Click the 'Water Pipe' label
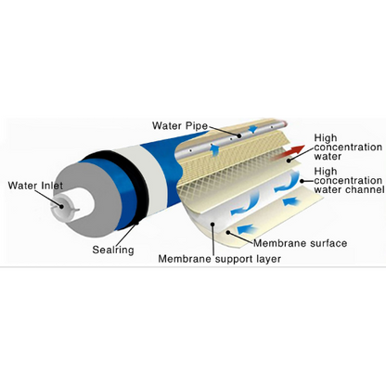[182, 124]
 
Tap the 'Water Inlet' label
[35, 186]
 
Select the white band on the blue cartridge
[154, 176]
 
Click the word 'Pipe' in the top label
[196, 124]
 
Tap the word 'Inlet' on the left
[50, 186]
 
